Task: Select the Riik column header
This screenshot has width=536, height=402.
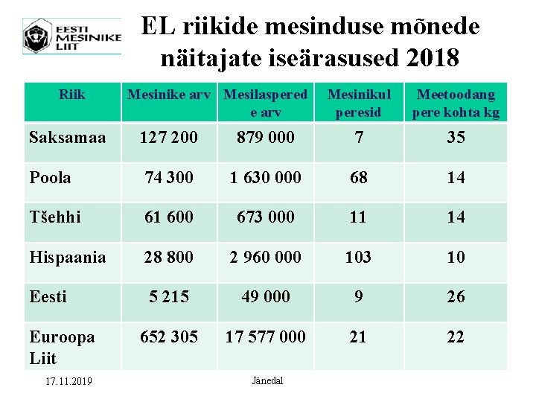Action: click(72, 95)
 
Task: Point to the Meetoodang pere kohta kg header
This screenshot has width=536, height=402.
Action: click(456, 103)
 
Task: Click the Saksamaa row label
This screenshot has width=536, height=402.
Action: click(67, 138)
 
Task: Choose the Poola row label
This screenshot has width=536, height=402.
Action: click(51, 178)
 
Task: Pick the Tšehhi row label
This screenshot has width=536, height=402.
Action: click(55, 217)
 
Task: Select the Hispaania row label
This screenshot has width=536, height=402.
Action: click(67, 258)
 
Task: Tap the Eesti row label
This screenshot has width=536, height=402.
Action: click(48, 297)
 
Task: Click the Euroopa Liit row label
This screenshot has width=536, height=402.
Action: click(62, 347)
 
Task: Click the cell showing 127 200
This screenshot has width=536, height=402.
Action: click(168, 138)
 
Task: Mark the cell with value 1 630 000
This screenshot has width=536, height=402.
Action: click(265, 178)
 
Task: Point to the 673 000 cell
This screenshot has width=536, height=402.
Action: click(265, 217)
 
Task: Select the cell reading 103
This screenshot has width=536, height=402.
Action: click(358, 258)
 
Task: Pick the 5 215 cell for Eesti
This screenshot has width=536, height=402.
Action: click(168, 297)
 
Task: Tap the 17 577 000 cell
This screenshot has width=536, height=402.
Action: click(265, 337)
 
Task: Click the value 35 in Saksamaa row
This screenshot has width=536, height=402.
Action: click(456, 138)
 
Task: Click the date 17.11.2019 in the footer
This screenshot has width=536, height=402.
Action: click(68, 382)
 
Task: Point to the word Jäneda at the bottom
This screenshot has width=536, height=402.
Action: click(267, 381)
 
